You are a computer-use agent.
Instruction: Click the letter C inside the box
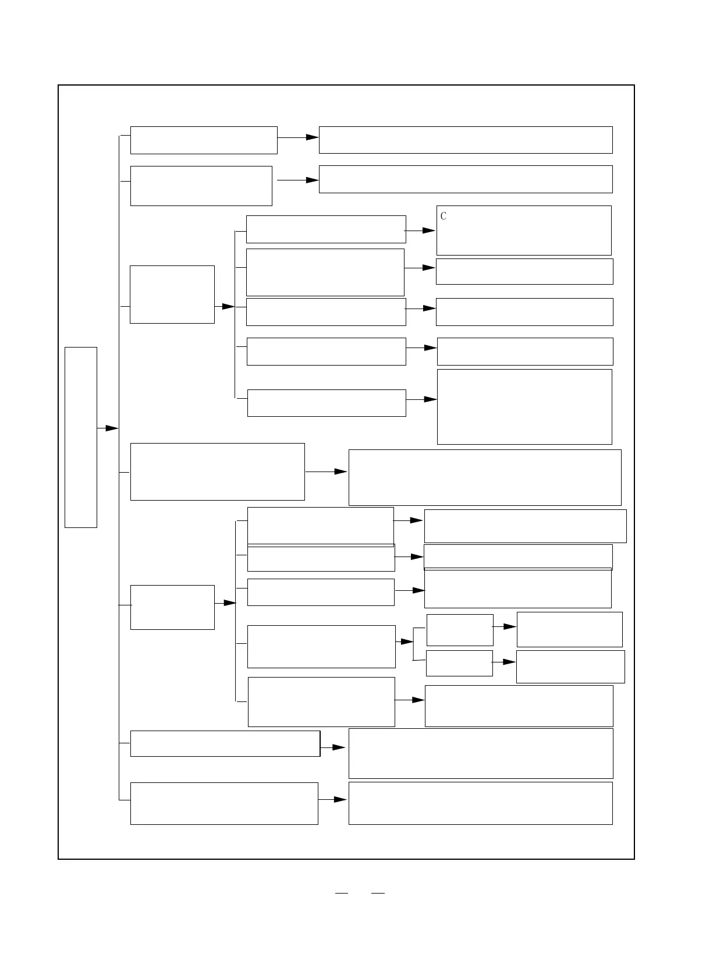tap(444, 216)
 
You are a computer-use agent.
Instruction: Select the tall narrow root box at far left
tap(80, 437)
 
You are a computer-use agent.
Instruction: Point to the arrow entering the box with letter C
tap(420, 231)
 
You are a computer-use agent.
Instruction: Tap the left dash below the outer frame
tap(342, 892)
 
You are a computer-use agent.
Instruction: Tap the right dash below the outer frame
tap(378, 892)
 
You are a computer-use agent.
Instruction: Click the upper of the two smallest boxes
tap(460, 630)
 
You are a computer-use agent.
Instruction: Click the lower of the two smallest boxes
tap(459, 663)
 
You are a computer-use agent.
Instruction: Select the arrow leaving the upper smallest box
tap(505, 626)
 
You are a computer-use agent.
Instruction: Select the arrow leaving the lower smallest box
tap(504, 662)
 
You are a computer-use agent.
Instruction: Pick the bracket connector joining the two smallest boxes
tap(414, 644)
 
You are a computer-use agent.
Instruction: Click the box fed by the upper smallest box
tap(569, 629)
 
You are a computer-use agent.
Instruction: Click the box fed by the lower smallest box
tap(570, 667)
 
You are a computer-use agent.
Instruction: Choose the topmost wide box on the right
tap(466, 140)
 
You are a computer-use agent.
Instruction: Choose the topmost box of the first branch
tap(204, 140)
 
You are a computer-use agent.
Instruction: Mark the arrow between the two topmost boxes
tap(298, 137)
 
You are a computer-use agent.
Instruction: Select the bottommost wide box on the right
tap(480, 803)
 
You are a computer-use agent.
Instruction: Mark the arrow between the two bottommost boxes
tap(333, 800)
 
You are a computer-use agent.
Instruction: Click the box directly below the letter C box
tap(524, 271)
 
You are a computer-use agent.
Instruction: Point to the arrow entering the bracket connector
tap(405, 641)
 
